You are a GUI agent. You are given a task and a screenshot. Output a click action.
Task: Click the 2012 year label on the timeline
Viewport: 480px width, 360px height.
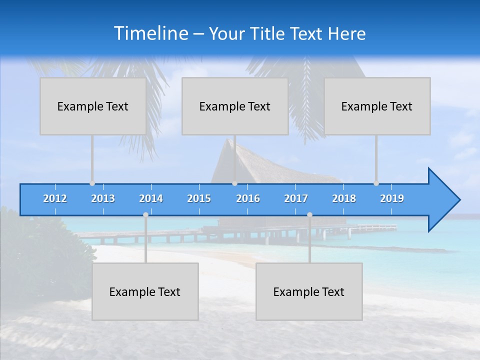55,198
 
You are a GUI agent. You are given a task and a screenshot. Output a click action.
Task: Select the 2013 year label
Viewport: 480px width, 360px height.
103,198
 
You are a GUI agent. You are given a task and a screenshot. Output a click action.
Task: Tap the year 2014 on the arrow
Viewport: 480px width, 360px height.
151,198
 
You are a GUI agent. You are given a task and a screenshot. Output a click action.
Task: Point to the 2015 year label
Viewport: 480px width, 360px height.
199,198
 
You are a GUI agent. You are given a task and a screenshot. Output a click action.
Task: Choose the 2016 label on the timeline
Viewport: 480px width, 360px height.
248,198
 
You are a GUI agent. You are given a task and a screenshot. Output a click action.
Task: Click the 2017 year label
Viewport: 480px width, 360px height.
296,198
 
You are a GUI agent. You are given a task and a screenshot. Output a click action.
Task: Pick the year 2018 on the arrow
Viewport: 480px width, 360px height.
344,198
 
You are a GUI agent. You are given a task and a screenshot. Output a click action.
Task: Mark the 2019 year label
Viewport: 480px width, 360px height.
392,198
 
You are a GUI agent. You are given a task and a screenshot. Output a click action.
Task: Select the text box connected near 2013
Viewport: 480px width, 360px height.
93,106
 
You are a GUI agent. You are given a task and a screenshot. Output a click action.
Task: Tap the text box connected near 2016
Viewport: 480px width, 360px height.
235,106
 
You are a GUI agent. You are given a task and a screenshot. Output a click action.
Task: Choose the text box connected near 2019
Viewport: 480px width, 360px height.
377,106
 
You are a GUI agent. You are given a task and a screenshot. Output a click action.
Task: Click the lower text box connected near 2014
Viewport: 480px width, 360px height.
145,291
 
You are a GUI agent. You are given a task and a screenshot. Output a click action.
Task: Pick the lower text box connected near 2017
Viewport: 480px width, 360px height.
309,291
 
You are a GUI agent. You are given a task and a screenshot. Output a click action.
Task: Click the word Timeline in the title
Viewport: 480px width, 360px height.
150,33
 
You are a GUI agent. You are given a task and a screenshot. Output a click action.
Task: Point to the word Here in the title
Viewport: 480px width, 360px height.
346,34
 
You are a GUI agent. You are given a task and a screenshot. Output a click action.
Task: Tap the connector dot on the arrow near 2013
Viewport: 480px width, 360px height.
92,183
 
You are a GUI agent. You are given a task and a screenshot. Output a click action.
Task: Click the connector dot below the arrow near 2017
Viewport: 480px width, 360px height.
309,215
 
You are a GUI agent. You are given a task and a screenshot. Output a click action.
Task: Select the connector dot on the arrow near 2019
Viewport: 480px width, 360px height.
376,183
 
